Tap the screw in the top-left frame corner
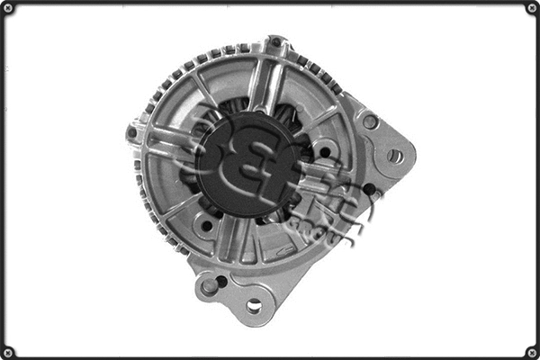[8, 8]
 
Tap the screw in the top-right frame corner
[531, 8]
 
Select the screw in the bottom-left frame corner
[8, 351]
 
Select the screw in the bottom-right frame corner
[531, 351]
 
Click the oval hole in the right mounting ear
[394, 156]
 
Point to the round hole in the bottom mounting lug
[254, 306]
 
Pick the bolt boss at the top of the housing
[277, 43]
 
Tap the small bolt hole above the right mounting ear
[369, 121]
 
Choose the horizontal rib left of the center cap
[171, 139]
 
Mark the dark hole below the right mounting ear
[369, 189]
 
